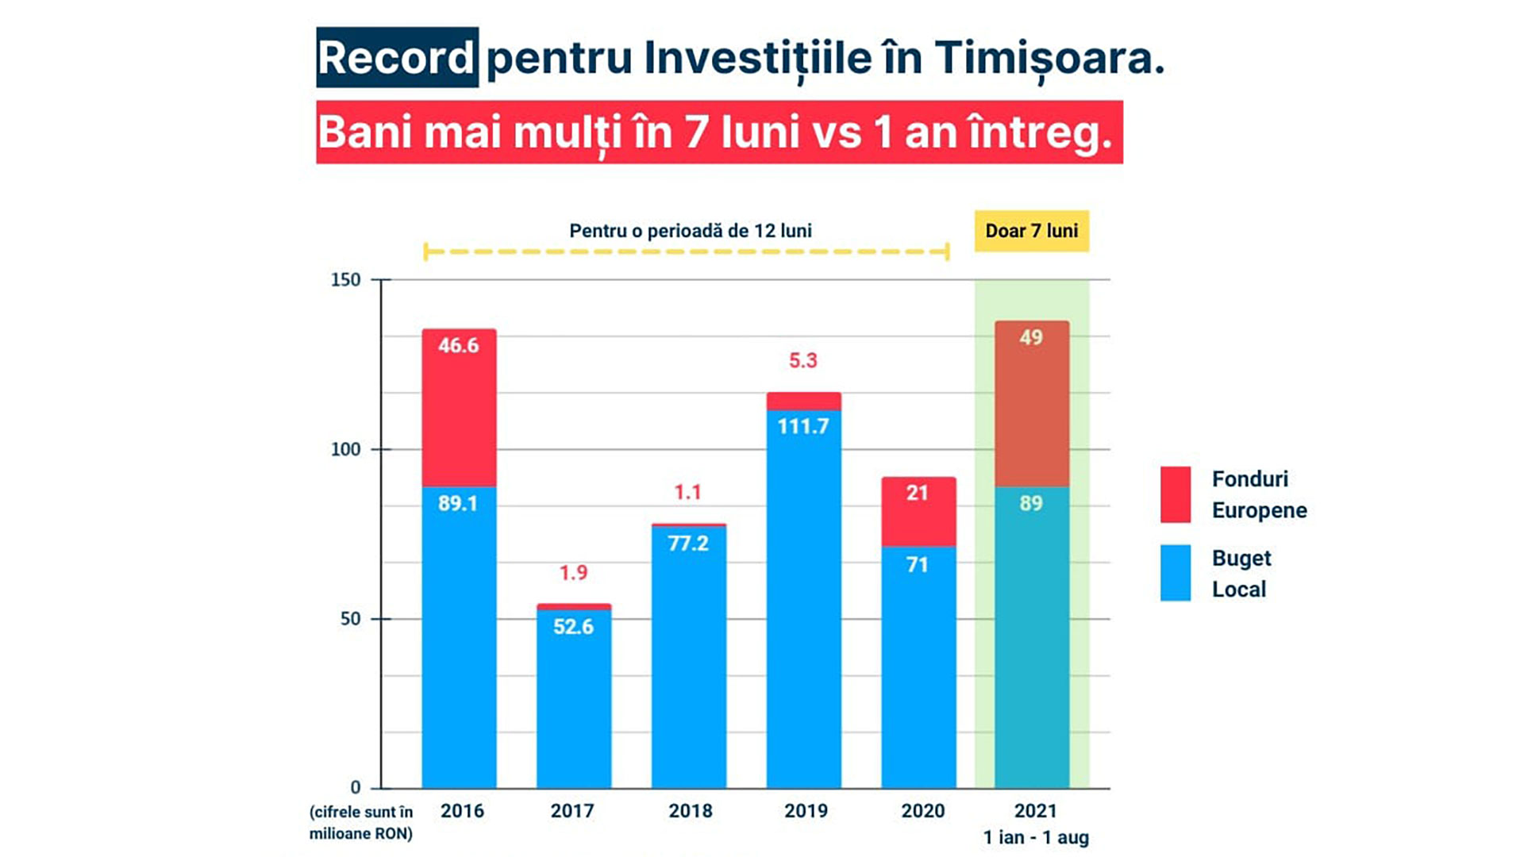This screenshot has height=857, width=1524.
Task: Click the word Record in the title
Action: tap(396, 58)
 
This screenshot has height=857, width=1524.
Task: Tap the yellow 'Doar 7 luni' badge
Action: tap(1031, 231)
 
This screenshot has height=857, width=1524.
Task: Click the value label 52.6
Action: tap(573, 627)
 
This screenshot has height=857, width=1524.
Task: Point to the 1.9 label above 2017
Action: tap(573, 573)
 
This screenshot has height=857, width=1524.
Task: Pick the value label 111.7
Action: tap(802, 427)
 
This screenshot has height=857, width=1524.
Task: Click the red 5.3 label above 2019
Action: tap(802, 361)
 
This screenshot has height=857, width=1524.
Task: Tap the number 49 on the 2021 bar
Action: tap(1031, 338)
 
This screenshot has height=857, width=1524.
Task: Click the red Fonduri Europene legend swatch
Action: tap(1175, 494)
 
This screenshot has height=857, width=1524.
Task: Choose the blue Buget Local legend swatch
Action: tap(1175, 572)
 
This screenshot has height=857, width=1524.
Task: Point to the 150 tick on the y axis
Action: tap(345, 280)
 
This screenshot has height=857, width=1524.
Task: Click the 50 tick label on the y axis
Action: tap(350, 619)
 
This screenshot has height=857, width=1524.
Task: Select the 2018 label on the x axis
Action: tap(690, 811)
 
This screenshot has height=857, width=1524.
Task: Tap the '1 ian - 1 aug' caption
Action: tap(1036, 837)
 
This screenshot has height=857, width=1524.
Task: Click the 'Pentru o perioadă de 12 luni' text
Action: tap(690, 231)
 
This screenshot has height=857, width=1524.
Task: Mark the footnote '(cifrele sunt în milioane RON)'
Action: tap(361, 822)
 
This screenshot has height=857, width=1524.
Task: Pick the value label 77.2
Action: tap(687, 544)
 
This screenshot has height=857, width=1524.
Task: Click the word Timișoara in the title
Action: tap(1049, 58)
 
